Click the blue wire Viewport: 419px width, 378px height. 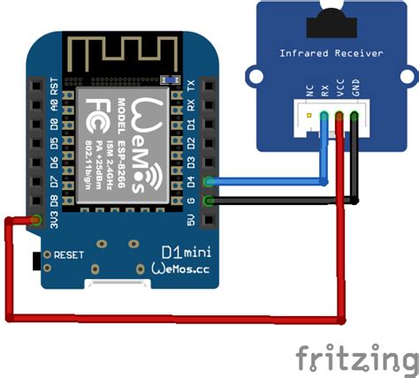(265, 182)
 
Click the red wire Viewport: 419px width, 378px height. (177, 315)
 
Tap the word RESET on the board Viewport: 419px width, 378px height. (68, 254)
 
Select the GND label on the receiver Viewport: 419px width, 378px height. (354, 91)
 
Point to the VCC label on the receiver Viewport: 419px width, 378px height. (341, 91)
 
